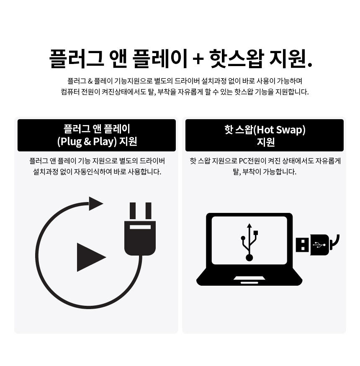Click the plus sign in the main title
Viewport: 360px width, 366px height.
(x=198, y=59)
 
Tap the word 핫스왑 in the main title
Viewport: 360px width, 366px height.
(x=237, y=58)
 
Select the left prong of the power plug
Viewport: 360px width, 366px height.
(x=133, y=211)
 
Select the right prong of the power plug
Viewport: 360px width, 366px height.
(x=148, y=211)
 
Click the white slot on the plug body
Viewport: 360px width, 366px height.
(x=140, y=227)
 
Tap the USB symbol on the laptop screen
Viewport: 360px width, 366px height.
(x=249, y=242)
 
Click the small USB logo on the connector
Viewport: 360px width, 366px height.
(x=319, y=245)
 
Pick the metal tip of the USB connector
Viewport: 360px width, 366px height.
(x=302, y=245)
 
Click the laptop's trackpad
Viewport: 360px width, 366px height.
(x=249, y=278)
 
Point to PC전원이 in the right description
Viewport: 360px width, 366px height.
(x=252, y=161)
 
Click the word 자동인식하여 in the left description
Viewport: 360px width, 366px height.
(x=93, y=172)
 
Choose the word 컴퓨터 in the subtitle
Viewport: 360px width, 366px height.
(x=69, y=92)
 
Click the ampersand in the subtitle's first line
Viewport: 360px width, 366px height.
(x=90, y=81)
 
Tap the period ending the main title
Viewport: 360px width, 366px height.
(x=310, y=64)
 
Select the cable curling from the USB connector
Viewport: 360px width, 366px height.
(x=336, y=242)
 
